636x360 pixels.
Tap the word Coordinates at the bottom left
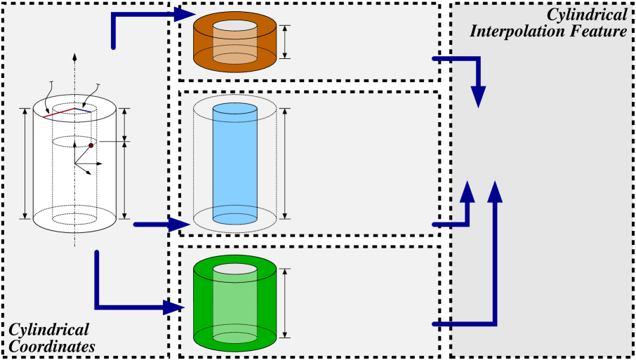pos(51,345)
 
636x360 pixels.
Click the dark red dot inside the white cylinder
pos(91,145)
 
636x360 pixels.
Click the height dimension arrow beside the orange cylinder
pos(285,42)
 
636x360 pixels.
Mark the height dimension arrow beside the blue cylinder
pos(285,164)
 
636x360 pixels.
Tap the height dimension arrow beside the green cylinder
pos(285,302)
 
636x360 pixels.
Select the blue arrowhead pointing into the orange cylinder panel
pos(185,13)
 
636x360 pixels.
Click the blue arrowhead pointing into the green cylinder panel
pos(174,307)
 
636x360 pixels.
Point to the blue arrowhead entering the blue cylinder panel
pos(179,225)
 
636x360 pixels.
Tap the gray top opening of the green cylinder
pos(234,269)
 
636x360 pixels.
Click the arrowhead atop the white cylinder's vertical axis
pos(75,55)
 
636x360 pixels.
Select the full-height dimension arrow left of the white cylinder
pos(25,163)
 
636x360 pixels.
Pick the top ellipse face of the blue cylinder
pos(234,108)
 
